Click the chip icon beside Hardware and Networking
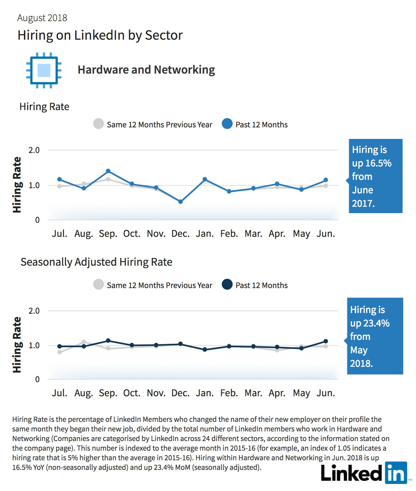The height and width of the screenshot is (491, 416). pyautogui.click(x=44, y=70)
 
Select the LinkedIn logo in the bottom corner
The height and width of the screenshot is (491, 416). pyautogui.click(x=364, y=473)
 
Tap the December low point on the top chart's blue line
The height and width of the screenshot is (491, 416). pyautogui.click(x=180, y=202)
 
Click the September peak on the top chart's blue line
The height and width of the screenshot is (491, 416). pyautogui.click(x=108, y=171)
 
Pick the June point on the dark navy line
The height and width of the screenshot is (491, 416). pyautogui.click(x=326, y=341)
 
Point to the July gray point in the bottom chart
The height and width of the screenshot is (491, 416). pyautogui.click(x=60, y=352)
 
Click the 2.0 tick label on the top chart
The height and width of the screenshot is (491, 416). pyautogui.click(x=34, y=150)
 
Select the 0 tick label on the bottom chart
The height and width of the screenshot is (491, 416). pyautogui.click(x=37, y=379)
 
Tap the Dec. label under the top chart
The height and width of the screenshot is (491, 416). pyautogui.click(x=180, y=234)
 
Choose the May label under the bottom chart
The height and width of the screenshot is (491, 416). pyautogui.click(x=301, y=393)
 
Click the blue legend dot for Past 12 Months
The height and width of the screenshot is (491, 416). pyautogui.click(x=227, y=124)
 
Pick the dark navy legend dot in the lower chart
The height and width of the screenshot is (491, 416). pyautogui.click(x=227, y=284)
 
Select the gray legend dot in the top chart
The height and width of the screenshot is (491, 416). pyautogui.click(x=99, y=124)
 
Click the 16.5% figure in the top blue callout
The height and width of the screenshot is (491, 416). pyautogui.click(x=378, y=163)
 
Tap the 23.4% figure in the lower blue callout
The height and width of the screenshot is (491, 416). pyautogui.click(x=376, y=323)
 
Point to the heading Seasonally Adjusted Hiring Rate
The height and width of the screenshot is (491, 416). pyautogui.click(x=96, y=262)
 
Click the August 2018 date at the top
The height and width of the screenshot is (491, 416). pyautogui.click(x=42, y=18)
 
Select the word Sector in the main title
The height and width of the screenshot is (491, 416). pyautogui.click(x=164, y=35)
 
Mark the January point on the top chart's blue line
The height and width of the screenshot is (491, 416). pyautogui.click(x=205, y=179)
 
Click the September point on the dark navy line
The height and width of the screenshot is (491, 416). pyautogui.click(x=108, y=341)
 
